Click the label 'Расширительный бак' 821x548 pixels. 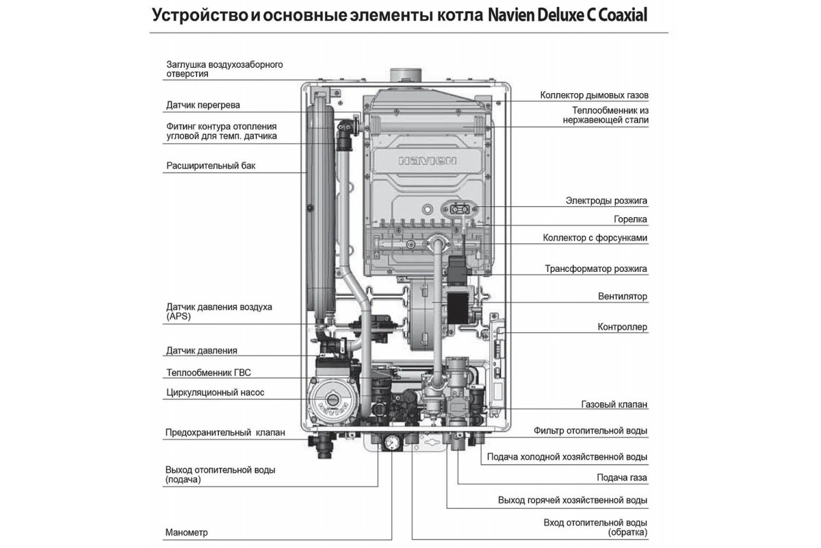[x=211, y=166]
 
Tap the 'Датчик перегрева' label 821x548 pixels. [x=203, y=105]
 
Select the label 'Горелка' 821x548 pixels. [x=630, y=219]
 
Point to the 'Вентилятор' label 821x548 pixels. [x=623, y=296]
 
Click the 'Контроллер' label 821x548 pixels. [x=623, y=327]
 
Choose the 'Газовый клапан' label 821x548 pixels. [x=614, y=404]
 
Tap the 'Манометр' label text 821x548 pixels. [x=187, y=532]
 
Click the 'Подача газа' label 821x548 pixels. [x=622, y=477]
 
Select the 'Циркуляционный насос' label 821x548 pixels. [x=215, y=393]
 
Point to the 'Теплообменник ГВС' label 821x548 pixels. [x=209, y=373]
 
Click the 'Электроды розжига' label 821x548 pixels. [x=606, y=201]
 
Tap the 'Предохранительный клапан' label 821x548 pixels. [x=225, y=432]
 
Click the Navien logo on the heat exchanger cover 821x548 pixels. [x=428, y=161]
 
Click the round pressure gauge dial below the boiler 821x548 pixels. [x=392, y=443]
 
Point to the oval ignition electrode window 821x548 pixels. [x=460, y=210]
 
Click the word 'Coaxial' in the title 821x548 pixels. [x=623, y=16]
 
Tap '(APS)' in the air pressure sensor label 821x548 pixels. [x=179, y=316]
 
